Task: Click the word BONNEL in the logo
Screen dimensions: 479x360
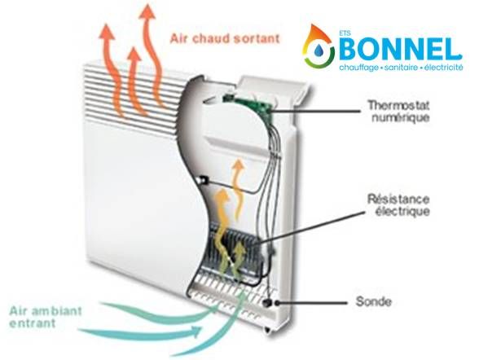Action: pos(401,49)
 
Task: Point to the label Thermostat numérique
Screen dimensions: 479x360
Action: pos(398,111)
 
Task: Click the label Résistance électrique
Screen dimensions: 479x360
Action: pos(398,205)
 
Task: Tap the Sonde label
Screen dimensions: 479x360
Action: pos(373,301)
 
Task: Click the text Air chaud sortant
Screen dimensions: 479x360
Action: pos(225,39)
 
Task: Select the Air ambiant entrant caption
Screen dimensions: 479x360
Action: pos(46,317)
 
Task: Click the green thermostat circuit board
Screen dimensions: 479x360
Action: pos(248,104)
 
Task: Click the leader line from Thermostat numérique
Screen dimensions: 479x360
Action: pos(314,112)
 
